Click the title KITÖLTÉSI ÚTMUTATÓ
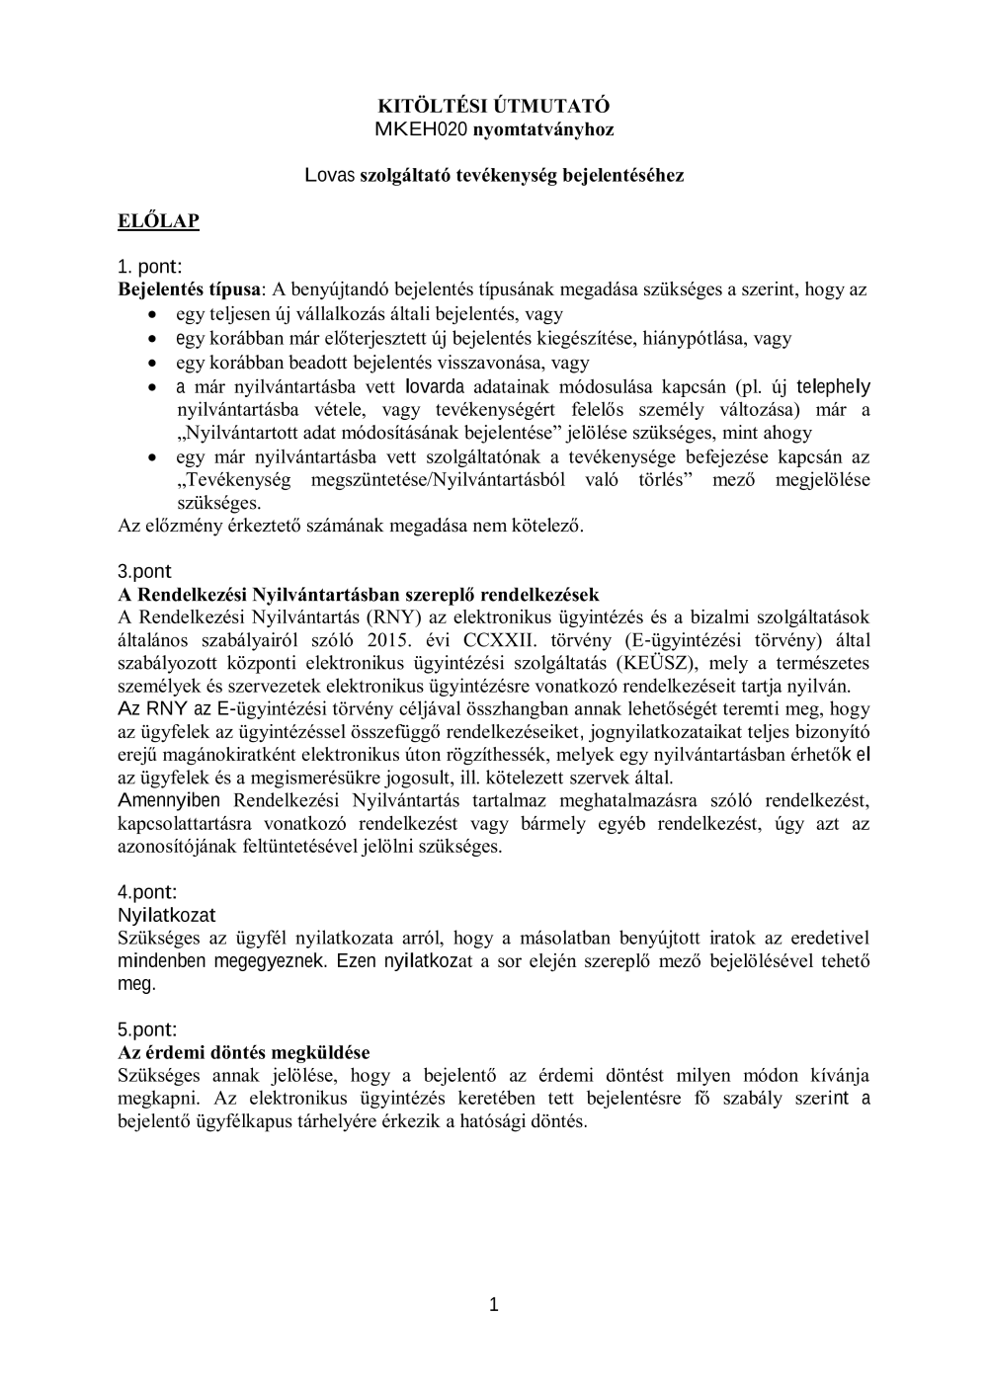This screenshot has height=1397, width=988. pyautogui.click(x=494, y=106)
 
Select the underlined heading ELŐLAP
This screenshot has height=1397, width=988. pyautogui.click(x=158, y=220)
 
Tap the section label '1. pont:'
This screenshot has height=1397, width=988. pyautogui.click(x=149, y=267)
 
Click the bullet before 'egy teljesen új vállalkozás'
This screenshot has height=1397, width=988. pyautogui.click(x=151, y=314)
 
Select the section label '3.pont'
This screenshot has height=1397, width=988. pyautogui.click(x=144, y=571)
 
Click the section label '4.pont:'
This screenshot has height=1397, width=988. pyautogui.click(x=147, y=892)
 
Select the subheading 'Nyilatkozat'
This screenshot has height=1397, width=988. pyautogui.click(x=166, y=916)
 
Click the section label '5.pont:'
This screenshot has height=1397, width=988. pyautogui.click(x=147, y=1028)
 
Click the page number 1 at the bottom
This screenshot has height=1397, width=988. pyautogui.click(x=494, y=1305)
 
